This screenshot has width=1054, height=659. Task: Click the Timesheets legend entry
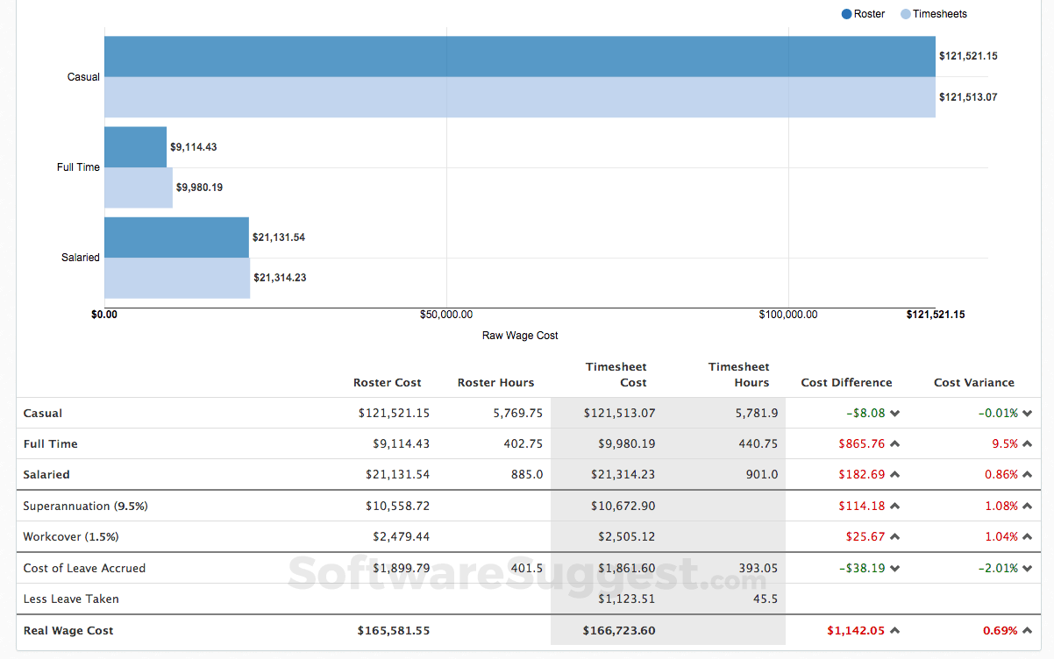coord(934,14)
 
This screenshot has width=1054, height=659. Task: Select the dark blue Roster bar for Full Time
coord(135,147)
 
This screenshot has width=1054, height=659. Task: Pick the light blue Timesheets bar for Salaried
coord(177,278)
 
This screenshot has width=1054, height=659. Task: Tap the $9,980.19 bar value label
coord(199,188)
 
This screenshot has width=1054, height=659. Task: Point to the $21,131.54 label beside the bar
coord(279,237)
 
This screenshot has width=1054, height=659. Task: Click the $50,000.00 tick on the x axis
coord(446,315)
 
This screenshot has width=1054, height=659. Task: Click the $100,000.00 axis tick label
coord(787,315)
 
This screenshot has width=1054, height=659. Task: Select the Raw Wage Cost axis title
coord(520,336)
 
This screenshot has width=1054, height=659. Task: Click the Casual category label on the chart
coord(83,77)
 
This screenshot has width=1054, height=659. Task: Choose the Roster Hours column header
coord(495,383)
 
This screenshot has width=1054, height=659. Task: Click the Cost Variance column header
coord(973,383)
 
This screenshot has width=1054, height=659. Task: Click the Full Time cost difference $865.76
coord(861,444)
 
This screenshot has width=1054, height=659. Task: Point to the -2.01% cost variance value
coord(998,568)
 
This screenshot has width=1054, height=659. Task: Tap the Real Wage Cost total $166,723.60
coord(618,631)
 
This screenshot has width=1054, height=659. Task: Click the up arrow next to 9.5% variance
coord(1027,444)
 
